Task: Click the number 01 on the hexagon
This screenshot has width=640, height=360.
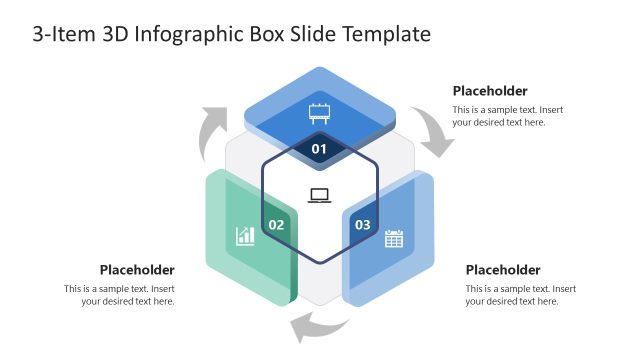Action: point(319,149)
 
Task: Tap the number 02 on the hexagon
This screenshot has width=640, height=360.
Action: point(277,225)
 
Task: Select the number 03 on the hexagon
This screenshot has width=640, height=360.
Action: point(362,225)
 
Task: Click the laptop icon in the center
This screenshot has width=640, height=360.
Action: point(320,195)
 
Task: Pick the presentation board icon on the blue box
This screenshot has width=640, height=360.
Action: point(320,112)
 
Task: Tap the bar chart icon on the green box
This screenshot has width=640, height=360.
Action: point(245,236)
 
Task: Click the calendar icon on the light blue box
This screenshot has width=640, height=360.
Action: point(394,238)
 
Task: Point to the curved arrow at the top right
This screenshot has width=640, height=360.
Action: point(437,132)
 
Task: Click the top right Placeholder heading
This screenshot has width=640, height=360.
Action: point(490,91)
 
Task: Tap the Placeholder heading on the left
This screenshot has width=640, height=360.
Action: point(137,270)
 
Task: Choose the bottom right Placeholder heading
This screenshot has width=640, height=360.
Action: point(503,270)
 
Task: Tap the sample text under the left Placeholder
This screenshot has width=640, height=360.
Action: point(120,295)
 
